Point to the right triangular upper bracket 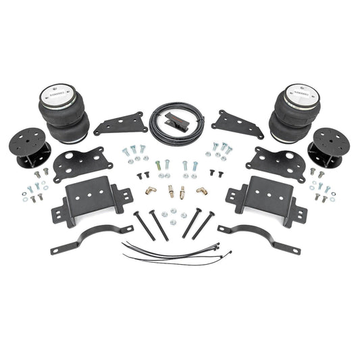coord(237,124)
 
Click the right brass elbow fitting coord(201,190)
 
